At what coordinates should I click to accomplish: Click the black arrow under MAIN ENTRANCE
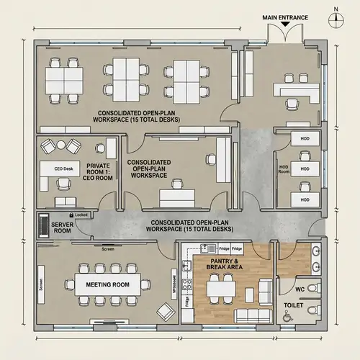[x=286, y=24]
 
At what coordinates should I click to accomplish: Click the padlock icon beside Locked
[x=71, y=215]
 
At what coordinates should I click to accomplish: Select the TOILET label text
[x=293, y=305]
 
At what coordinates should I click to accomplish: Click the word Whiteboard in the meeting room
[x=175, y=281]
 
